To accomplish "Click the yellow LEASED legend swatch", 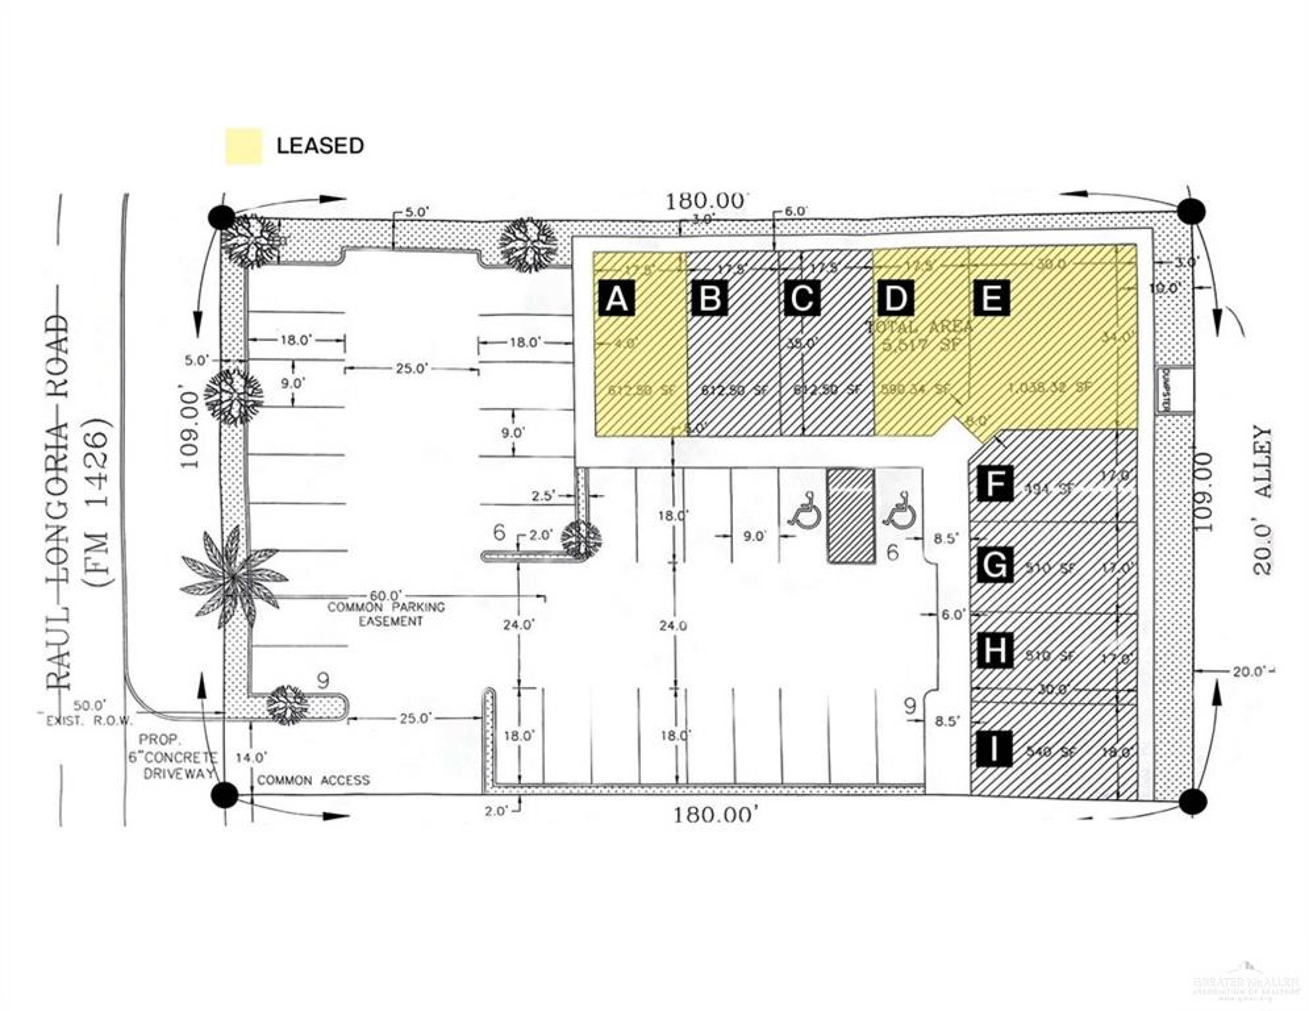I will click(x=244, y=146).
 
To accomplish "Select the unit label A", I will click(x=616, y=298).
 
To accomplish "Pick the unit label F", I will click(x=994, y=483).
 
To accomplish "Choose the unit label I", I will click(x=994, y=749).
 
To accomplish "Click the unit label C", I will click(x=802, y=298).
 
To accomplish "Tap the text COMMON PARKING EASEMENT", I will click(x=386, y=614).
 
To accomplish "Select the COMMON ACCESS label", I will click(x=313, y=780).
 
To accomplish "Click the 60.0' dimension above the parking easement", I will click(x=385, y=595).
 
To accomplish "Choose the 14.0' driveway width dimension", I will click(x=251, y=757).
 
